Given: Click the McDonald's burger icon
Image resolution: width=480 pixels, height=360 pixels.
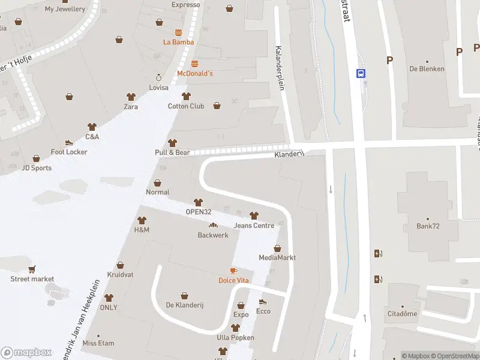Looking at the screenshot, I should click(194, 63).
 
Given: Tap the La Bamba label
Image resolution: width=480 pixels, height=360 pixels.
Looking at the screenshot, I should click(179, 42).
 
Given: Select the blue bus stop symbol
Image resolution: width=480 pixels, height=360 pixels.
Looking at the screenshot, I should click(361, 73).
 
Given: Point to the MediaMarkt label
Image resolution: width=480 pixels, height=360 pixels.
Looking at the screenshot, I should click(277, 258).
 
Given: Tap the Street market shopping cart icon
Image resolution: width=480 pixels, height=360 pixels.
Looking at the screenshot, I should click(32, 269).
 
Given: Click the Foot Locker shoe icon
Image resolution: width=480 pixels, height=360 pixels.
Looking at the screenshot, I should click(69, 142).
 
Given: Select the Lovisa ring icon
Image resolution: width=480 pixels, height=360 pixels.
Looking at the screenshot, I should click(159, 77).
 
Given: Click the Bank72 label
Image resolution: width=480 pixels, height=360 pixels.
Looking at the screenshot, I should click(428, 226).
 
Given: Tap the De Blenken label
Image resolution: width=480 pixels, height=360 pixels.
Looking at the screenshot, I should click(427, 69).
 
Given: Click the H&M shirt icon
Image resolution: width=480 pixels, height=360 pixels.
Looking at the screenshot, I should click(142, 220).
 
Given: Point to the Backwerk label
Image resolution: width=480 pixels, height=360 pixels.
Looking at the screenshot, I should click(213, 235).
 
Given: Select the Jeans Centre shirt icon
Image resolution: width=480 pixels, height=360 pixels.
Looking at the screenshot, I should click(254, 215).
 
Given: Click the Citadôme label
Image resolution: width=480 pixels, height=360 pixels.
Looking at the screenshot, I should click(402, 314).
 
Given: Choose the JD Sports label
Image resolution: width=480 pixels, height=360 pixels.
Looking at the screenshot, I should click(37, 168).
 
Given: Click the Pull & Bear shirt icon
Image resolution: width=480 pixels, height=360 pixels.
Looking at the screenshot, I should click(173, 143).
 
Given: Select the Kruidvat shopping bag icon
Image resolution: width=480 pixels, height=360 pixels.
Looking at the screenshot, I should click(120, 265).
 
